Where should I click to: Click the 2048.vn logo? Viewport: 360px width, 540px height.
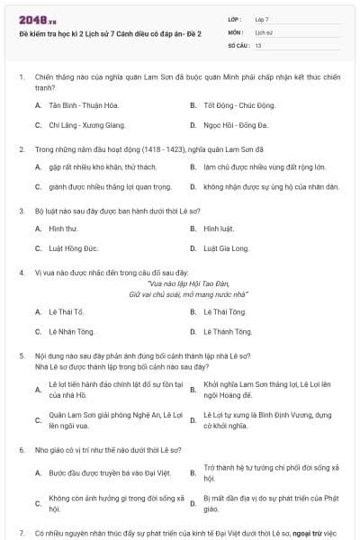pos(38,19)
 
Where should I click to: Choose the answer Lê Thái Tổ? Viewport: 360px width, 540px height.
pos(70,311)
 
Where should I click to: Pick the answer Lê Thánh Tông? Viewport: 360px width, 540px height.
pos(227,331)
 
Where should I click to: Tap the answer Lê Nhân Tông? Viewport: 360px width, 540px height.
pos(72,331)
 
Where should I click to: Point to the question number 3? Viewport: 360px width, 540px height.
pos(21,211)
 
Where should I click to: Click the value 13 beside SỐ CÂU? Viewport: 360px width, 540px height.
pos(258,44)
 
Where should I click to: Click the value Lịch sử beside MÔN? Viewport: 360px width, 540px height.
pos(263,31)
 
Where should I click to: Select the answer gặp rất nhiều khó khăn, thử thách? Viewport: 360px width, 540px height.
pos(96,167)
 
